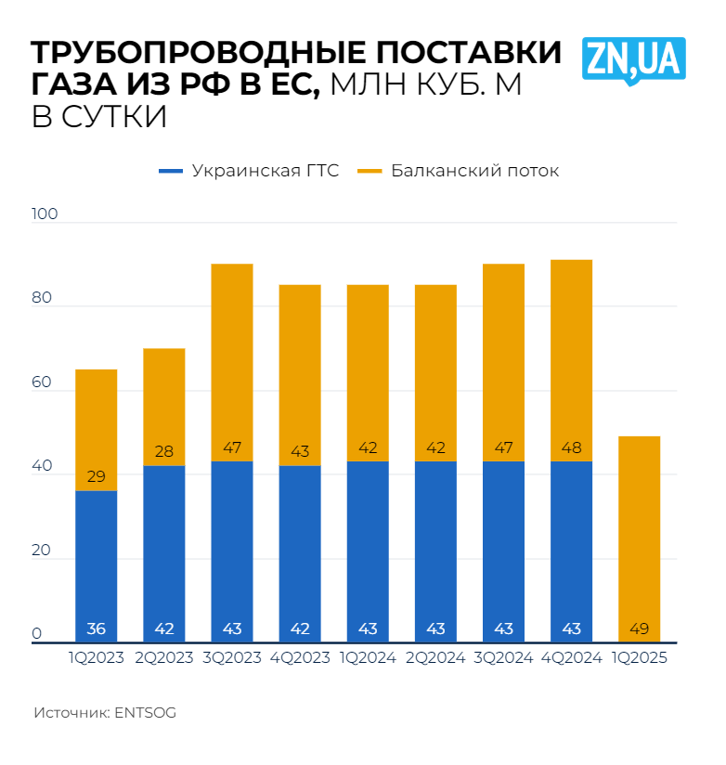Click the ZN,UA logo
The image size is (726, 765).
pos(634,59)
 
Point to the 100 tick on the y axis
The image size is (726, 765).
pos(45,214)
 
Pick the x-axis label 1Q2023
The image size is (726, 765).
pos(96,657)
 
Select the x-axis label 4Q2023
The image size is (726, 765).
pos(300,657)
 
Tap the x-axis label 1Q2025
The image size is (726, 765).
pos(640,657)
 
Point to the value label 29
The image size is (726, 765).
pos(96,477)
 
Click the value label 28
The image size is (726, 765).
pos(164,452)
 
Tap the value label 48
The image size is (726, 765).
pos(572,448)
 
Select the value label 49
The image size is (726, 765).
pos(640,629)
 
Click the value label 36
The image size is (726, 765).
pos(96,629)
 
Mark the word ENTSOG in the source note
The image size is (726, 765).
pos(145,713)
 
